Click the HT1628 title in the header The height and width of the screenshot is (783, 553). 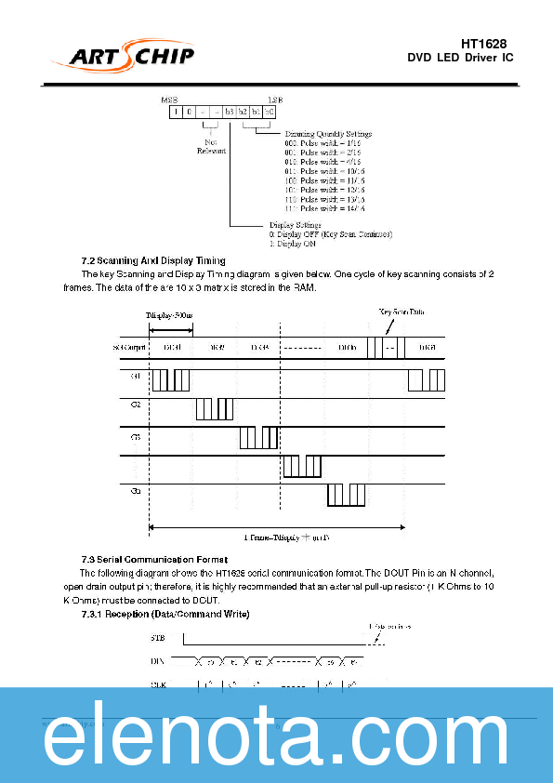483,44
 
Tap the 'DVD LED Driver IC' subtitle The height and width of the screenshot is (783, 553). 460,59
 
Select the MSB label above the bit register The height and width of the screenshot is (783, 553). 169,99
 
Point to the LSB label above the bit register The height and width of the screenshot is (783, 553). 275,99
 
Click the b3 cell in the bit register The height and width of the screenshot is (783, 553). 229,112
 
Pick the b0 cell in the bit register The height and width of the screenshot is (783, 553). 270,112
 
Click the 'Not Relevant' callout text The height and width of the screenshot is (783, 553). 210,147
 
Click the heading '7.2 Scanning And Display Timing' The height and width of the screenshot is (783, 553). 153,260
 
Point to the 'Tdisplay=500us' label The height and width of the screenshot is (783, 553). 170,316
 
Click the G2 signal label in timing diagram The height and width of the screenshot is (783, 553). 136,405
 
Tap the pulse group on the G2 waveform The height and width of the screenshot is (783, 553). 215,409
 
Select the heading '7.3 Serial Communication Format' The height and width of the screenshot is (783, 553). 154,559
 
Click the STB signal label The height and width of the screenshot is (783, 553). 158,638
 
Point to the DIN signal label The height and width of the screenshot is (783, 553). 158,660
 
